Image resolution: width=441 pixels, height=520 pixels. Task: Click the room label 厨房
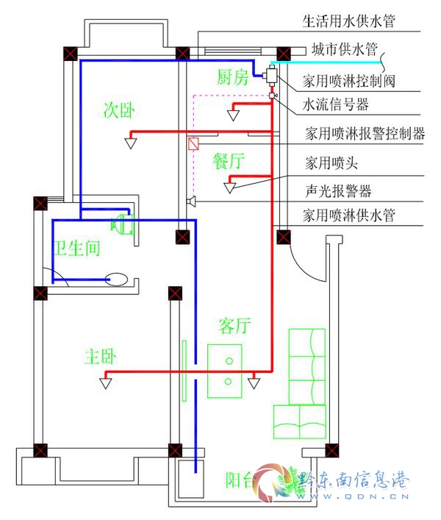pyautogui.click(x=232, y=77)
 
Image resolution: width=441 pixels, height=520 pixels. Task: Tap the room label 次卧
pyautogui.click(x=119, y=110)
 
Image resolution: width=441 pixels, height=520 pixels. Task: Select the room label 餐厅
pyautogui.click(x=229, y=161)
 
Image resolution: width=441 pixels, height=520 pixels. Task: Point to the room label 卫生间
pyautogui.click(x=76, y=248)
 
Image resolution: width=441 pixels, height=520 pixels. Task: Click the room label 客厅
pyautogui.click(x=234, y=325)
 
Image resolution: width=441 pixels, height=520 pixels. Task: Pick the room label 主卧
pyautogui.click(x=100, y=357)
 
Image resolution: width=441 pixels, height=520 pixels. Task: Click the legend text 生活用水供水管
pyautogui.click(x=349, y=21)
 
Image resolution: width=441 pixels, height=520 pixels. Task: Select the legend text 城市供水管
pyautogui.click(x=345, y=49)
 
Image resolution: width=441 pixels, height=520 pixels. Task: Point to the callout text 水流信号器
pyautogui.click(x=336, y=104)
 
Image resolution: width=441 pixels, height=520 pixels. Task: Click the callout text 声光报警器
pyautogui.click(x=338, y=190)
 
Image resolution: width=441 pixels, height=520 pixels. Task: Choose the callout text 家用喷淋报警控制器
pyautogui.click(x=365, y=133)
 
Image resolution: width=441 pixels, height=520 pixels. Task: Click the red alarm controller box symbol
pyautogui.click(x=193, y=143)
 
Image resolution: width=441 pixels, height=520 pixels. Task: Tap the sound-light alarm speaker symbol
pyautogui.click(x=191, y=201)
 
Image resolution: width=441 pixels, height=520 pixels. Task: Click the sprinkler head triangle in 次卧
pyautogui.click(x=131, y=143)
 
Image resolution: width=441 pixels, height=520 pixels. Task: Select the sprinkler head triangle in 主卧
pyautogui.click(x=106, y=383)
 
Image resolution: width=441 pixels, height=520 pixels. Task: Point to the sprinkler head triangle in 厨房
pyautogui.click(x=233, y=115)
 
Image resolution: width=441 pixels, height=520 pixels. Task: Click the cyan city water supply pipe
pyautogui.click(x=326, y=63)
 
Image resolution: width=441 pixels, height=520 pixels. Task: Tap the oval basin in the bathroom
pyautogui.click(x=116, y=279)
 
